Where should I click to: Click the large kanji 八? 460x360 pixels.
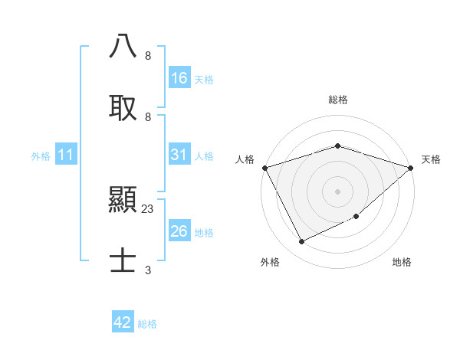pyautogui.click(x=123, y=47)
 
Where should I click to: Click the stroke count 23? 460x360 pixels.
pyautogui.click(x=148, y=208)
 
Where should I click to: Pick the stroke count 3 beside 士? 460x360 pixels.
pyautogui.click(x=148, y=270)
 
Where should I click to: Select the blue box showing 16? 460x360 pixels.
pyautogui.click(x=179, y=78)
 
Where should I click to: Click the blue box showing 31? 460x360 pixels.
pyautogui.click(x=179, y=155)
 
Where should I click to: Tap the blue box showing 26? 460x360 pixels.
pyautogui.click(x=179, y=231)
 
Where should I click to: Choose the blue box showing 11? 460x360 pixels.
pyautogui.click(x=66, y=155)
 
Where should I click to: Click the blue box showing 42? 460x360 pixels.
pyautogui.click(x=123, y=322)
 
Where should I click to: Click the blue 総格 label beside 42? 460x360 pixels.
pyautogui.click(x=147, y=324)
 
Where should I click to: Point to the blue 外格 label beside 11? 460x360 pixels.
pyautogui.click(x=41, y=156)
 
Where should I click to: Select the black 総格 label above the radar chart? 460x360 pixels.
pyautogui.click(x=337, y=100)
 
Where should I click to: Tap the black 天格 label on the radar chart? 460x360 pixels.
pyautogui.click(x=431, y=159)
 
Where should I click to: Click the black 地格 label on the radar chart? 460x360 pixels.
pyautogui.click(x=402, y=262)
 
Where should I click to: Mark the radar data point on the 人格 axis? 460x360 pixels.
pyautogui.click(x=264, y=168)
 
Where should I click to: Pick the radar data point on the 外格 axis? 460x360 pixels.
pyautogui.click(x=301, y=242)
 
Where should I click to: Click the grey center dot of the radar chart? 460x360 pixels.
pyautogui.click(x=337, y=191)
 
